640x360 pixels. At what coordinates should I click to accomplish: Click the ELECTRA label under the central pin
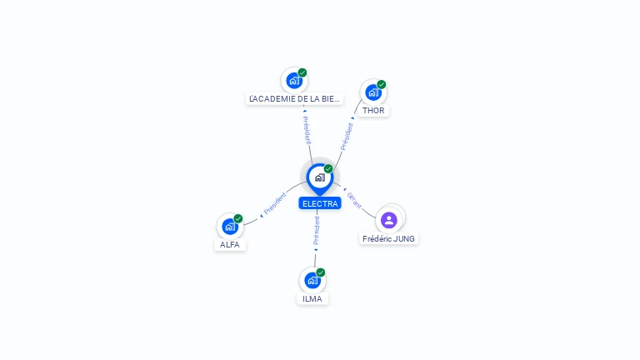320,203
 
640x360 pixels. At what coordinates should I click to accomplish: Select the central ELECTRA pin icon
320,178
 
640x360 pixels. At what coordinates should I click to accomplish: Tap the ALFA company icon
230,226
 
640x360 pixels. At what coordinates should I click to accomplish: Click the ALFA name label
230,244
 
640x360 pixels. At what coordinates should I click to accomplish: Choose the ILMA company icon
312,280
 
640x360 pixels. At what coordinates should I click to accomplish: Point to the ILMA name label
312,299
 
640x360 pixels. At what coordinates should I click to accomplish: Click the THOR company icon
373,92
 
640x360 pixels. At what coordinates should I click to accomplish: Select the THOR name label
373,111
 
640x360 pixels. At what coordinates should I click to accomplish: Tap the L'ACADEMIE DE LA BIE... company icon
294,80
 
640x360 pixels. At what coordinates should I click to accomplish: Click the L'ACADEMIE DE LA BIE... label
294,99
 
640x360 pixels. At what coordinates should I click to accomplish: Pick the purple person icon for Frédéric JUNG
389,220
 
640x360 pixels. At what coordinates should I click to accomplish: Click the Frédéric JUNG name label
388,239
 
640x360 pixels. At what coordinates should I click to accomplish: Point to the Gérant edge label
354,200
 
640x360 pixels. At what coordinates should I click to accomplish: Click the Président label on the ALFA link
275,203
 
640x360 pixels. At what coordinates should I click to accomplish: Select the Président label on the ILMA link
317,231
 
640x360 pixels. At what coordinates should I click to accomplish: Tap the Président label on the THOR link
347,137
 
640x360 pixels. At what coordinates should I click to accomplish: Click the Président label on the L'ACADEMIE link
307,130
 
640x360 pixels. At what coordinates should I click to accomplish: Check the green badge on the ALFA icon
238,218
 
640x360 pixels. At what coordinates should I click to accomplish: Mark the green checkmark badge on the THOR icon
381,84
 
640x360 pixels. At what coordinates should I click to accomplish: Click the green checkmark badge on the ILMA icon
320,272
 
